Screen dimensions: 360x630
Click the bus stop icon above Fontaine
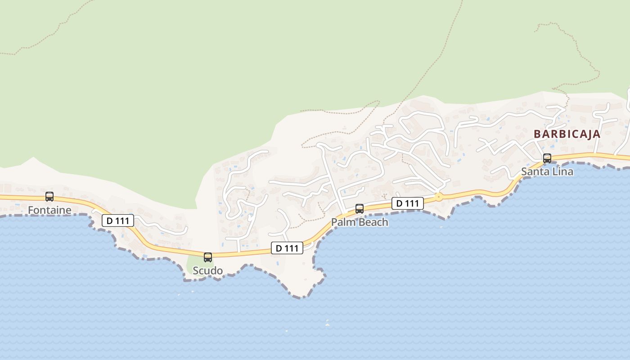click(49, 197)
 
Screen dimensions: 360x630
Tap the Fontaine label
click(49, 210)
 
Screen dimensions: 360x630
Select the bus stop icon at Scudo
click(208, 257)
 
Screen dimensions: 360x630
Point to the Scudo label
click(207, 270)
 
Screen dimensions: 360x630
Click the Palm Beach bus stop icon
click(360, 209)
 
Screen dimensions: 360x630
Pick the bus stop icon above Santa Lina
click(547, 158)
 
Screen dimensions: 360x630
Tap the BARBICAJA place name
click(567, 134)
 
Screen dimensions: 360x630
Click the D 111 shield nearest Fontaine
click(118, 221)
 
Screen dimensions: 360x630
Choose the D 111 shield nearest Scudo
click(287, 248)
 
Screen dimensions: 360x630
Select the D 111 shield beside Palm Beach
click(408, 203)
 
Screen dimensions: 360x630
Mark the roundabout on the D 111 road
click(438, 197)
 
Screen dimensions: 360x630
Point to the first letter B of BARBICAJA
click(537, 134)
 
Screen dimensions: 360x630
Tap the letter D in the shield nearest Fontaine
click(109, 221)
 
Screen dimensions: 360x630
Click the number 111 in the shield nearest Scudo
click(292, 248)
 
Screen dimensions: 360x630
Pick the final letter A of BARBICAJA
click(597, 134)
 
